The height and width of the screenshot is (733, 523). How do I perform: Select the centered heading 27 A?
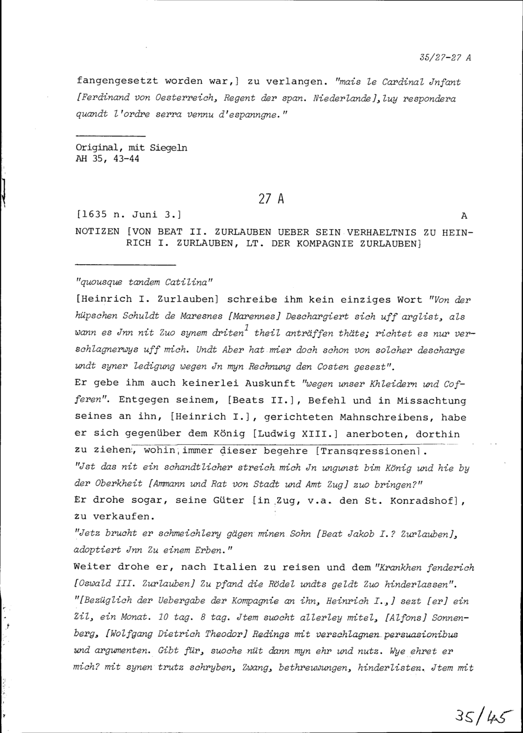tap(271, 199)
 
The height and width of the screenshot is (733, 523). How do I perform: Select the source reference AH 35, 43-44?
tap(108, 160)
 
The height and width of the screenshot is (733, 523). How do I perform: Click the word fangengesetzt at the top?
tap(118, 82)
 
